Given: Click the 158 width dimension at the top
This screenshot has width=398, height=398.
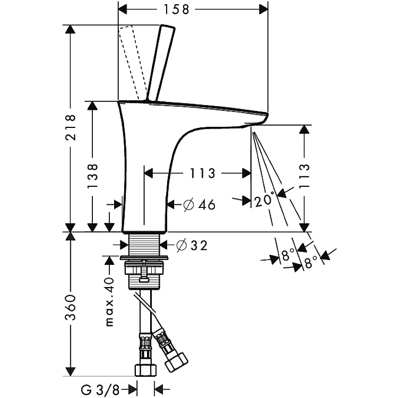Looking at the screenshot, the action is coord(176,10).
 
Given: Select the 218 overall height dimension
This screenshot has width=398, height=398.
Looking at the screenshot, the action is coord(70,127).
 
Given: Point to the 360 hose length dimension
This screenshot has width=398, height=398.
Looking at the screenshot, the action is coord(70,307).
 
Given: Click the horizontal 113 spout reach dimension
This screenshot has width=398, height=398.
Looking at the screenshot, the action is coord(202,174).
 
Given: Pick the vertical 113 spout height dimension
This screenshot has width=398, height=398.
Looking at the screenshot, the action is coord(305,176).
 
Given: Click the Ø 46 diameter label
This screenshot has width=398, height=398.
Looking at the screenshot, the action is coord(199,204).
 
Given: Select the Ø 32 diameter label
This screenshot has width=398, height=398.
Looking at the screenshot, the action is coord(192,245).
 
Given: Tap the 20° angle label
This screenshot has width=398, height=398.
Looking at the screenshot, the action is coord(264,200).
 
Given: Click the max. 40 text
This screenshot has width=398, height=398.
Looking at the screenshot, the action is coord(109,301).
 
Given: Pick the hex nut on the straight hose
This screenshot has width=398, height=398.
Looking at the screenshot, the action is coord(146,369).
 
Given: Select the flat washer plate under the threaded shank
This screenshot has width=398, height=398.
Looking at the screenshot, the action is coord(144,258).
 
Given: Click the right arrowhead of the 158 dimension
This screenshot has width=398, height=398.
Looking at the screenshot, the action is coord(263,10).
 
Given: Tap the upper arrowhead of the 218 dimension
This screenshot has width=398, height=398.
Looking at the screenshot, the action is coord(70,29).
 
